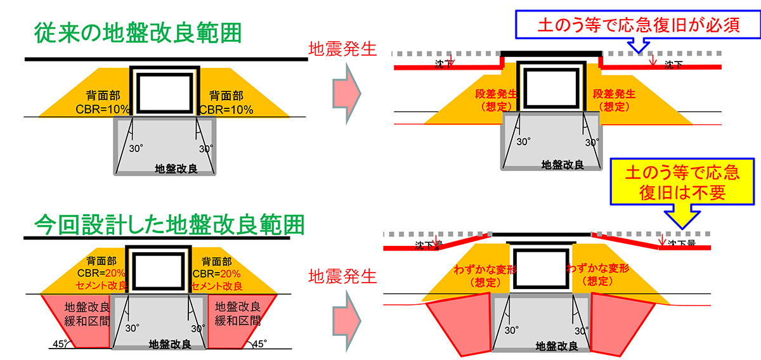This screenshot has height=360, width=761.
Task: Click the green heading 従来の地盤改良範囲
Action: pos(138,33)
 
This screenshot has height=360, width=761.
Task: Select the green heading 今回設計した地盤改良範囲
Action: pos(169,224)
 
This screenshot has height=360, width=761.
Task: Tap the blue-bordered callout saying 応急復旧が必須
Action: pos(638,25)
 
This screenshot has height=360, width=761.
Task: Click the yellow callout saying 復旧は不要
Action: pos(682,182)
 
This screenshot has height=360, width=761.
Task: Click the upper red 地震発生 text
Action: pos(342,49)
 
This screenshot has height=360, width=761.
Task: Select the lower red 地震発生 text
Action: pos(342,276)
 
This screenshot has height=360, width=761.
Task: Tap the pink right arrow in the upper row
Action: pos(346,93)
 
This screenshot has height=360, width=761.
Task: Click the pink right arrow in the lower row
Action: pos(346,321)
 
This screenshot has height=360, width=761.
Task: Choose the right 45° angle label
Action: pos(259,344)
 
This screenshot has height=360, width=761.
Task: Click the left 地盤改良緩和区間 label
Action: pos(87,314)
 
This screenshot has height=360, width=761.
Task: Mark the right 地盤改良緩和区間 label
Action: pos(238,314)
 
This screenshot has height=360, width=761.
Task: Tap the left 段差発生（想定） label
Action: pos(497,100)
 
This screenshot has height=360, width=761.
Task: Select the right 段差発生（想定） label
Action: pos(614,100)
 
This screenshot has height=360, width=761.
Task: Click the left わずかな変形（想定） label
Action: pos(485,276)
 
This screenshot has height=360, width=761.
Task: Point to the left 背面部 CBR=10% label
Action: pos(103,102)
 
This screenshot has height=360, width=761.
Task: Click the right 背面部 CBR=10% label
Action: pos(226,103)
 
